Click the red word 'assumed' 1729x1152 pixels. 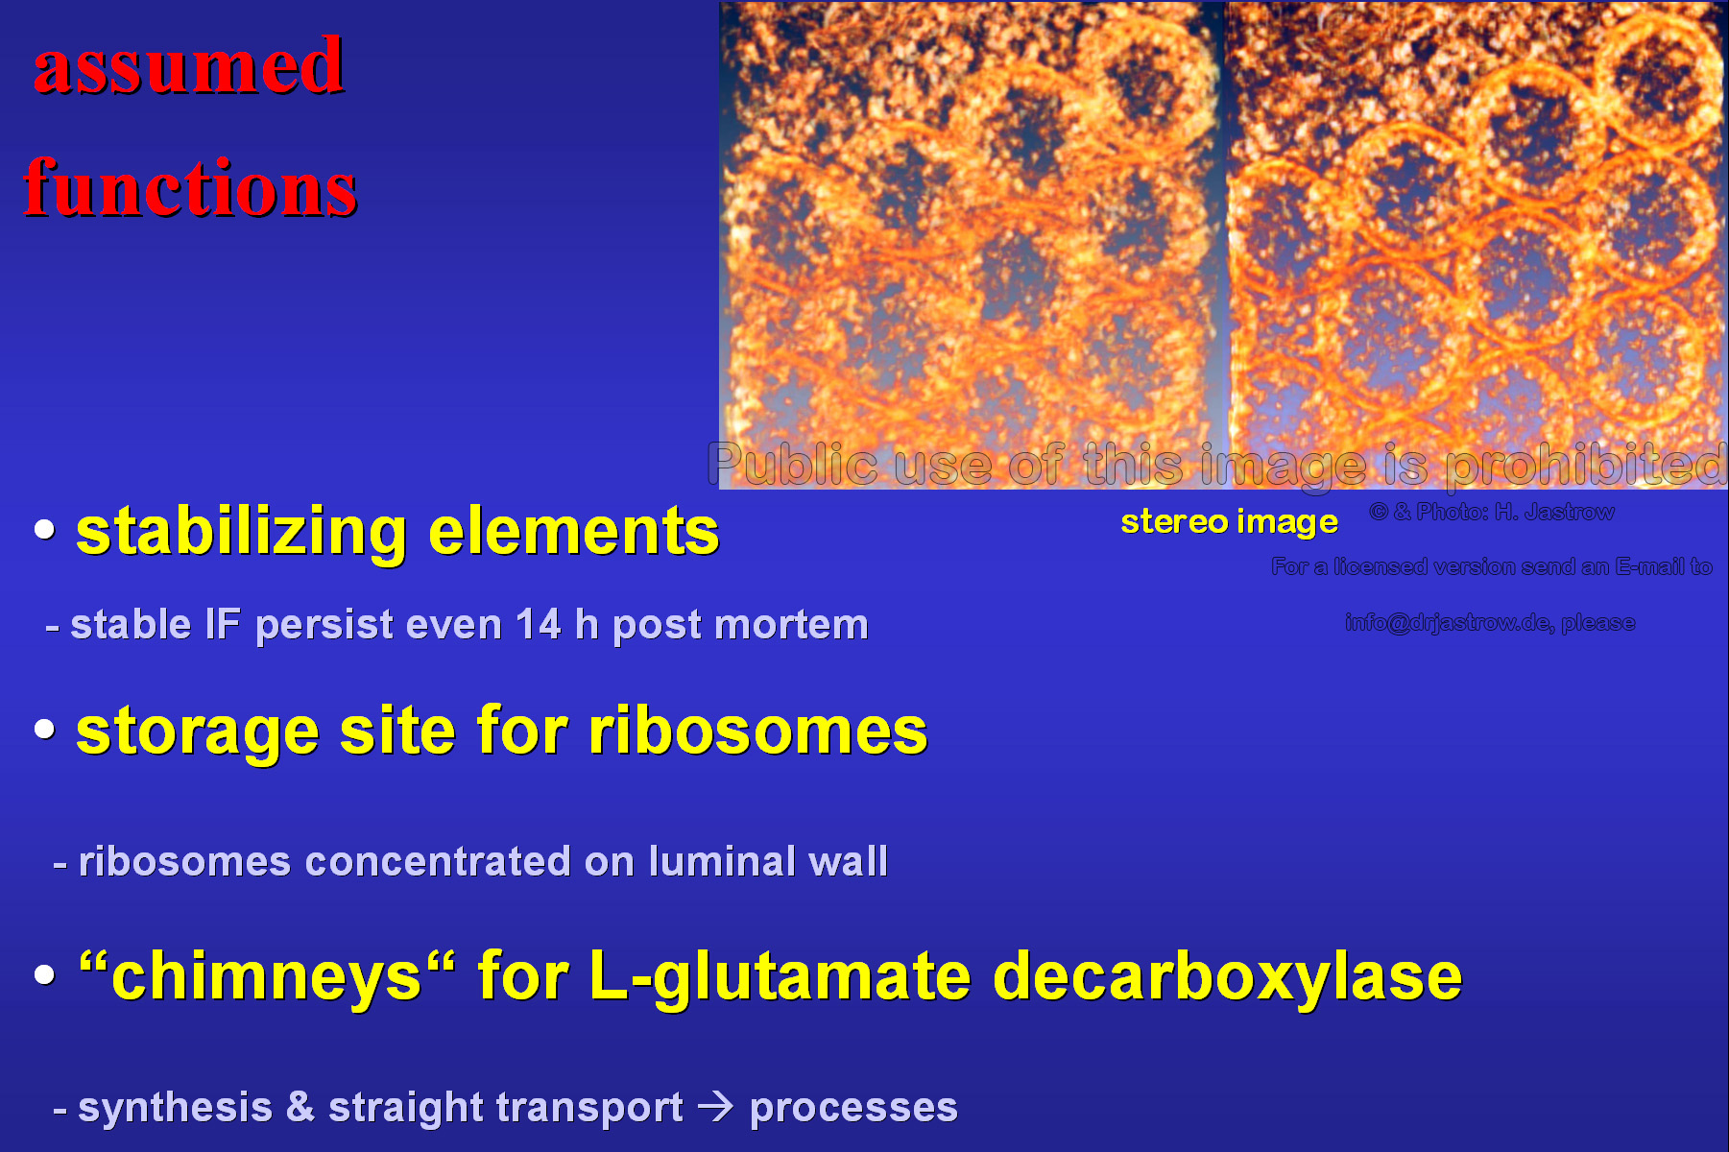point(189,65)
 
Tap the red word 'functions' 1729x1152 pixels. point(191,187)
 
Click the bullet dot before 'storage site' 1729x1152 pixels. point(44,728)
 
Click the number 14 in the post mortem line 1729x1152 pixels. point(539,625)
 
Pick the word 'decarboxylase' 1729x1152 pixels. point(1228,975)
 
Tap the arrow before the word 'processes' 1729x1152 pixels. point(716,1108)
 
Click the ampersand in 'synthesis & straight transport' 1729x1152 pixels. point(300,1107)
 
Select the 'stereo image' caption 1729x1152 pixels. point(1229,521)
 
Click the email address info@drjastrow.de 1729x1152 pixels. point(1449,622)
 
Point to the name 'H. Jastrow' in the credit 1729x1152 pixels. point(1554,512)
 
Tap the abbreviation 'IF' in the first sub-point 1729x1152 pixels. point(223,625)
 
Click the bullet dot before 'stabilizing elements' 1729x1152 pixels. point(44,529)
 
